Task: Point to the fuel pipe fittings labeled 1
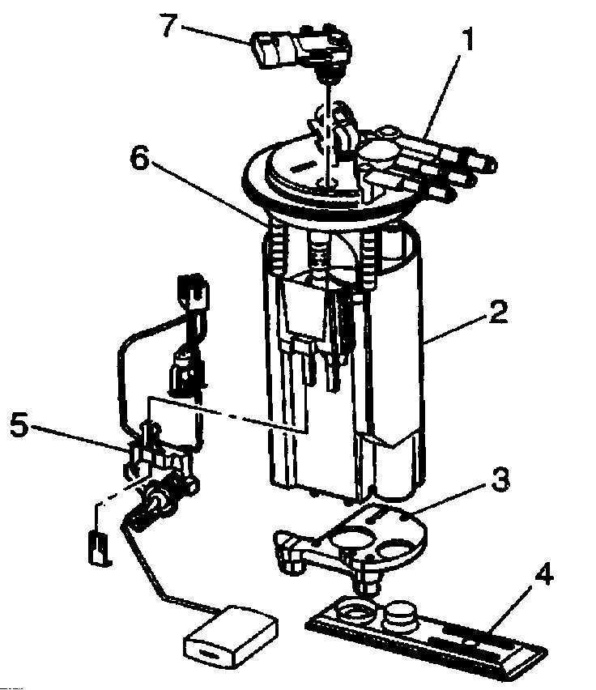coord(437,162)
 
